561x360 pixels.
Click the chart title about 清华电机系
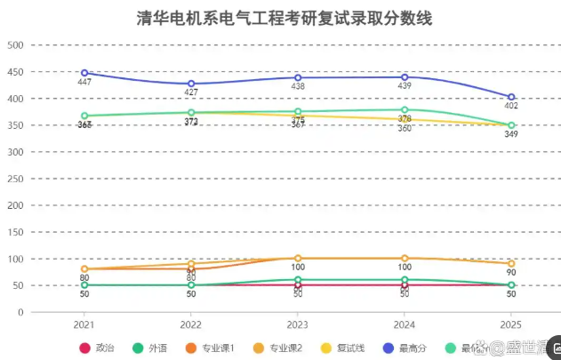[285, 18]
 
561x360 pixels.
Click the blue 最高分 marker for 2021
[84, 73]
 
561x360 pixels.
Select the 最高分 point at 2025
[511, 97]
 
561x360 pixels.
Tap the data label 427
[191, 92]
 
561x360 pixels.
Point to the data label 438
[298, 87]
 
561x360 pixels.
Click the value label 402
[511, 107]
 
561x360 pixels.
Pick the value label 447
[84, 82]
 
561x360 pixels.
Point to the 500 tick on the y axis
[15, 44]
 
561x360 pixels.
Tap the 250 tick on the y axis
[15, 179]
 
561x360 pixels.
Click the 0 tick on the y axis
[20, 313]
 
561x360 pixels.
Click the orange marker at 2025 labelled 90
[511, 264]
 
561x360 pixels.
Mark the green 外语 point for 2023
[298, 280]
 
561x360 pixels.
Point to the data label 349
[511, 134]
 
